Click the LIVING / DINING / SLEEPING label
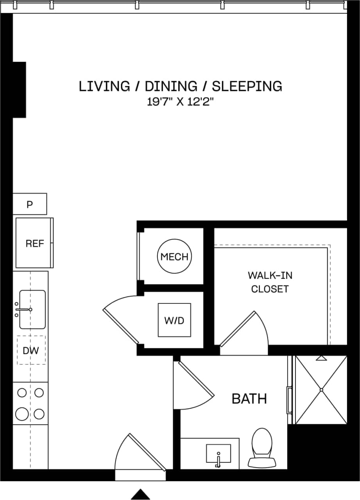[x=180, y=86]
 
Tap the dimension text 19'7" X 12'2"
[x=180, y=102]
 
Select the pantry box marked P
[x=30, y=204]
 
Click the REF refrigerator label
[x=34, y=244]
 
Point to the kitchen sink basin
[x=33, y=309]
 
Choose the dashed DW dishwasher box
[x=31, y=350]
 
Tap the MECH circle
[x=174, y=257]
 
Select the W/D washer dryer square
[x=174, y=320]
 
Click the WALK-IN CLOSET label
[x=270, y=282]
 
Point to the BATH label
[x=249, y=399]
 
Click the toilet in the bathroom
[x=261, y=447]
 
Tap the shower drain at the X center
[x=321, y=389]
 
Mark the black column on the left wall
[x=19, y=89]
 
